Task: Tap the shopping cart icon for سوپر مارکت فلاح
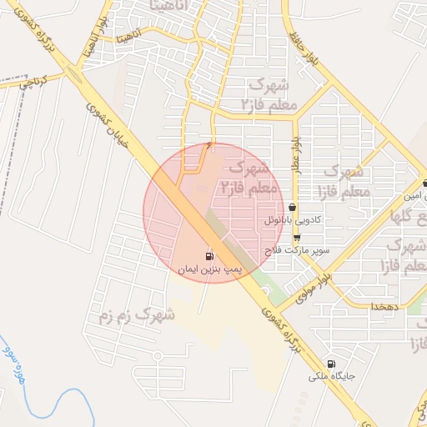click(x=296, y=238)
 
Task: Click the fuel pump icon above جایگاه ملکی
click(x=332, y=364)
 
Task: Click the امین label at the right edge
click(x=414, y=197)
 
